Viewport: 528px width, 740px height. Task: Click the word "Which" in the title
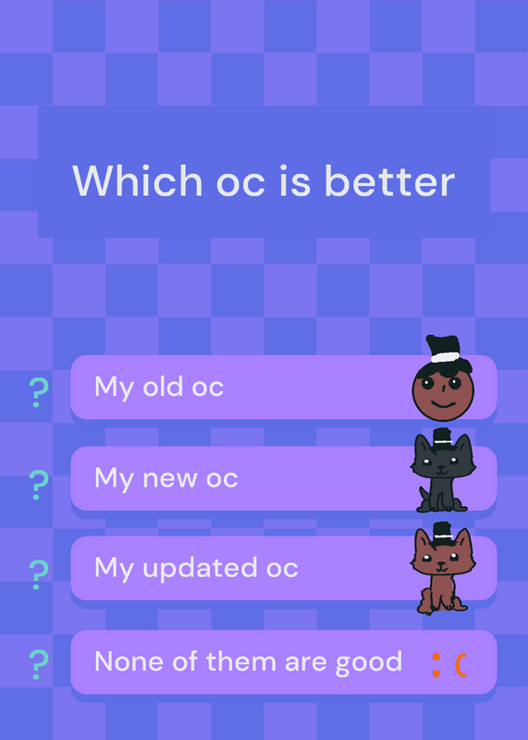(x=138, y=180)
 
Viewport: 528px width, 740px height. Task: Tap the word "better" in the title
(x=389, y=180)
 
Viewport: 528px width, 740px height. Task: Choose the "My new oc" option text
(x=166, y=479)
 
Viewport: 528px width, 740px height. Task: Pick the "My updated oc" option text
(x=196, y=569)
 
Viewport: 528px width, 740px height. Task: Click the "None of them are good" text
(x=248, y=661)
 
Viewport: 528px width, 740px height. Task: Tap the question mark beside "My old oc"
(x=39, y=392)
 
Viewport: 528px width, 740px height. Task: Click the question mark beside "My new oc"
(x=39, y=485)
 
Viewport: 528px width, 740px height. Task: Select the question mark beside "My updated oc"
(x=39, y=574)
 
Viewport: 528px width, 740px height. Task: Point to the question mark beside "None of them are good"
(x=39, y=665)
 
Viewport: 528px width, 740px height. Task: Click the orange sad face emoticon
(x=449, y=665)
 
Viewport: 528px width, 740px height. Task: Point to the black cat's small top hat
(x=442, y=437)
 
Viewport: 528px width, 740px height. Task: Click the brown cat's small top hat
(x=442, y=530)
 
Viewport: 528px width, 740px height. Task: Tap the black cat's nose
(x=441, y=469)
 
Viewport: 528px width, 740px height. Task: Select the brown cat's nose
(x=441, y=563)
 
